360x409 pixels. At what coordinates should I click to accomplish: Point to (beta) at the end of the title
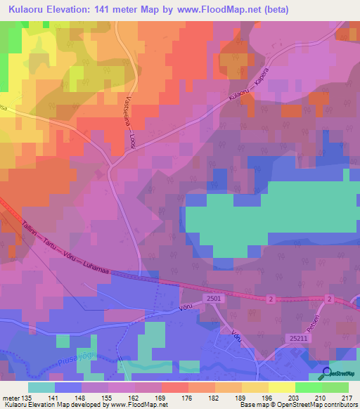(x=274, y=9)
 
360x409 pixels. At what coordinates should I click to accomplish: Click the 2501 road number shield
(x=215, y=299)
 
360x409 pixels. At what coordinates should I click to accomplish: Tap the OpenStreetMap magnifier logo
(x=327, y=373)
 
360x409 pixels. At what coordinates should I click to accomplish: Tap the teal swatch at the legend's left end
(x=41, y=387)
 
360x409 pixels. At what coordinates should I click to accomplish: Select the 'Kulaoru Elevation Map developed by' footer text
(x=53, y=405)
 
